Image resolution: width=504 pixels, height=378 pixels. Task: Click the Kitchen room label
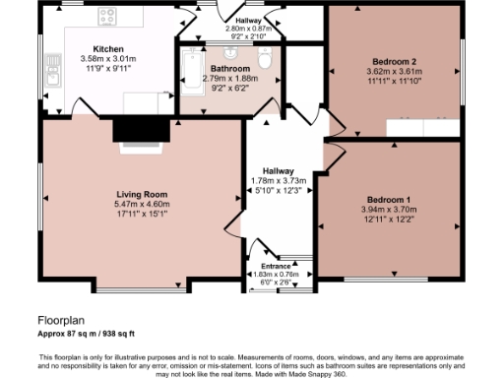(107, 48)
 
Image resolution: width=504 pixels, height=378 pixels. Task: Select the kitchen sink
(52, 67)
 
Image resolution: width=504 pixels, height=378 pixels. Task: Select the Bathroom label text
(228, 69)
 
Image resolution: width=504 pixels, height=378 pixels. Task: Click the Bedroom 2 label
(393, 62)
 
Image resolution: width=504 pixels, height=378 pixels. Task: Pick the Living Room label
(144, 194)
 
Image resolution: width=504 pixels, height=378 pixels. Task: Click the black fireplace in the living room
(144, 130)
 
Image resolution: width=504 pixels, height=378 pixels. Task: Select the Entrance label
(276, 266)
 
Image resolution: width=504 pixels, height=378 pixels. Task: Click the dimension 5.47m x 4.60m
(144, 204)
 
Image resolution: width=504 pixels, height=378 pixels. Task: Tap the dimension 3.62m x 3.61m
(393, 72)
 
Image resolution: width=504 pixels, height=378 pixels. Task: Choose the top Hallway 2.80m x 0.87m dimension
(247, 29)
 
